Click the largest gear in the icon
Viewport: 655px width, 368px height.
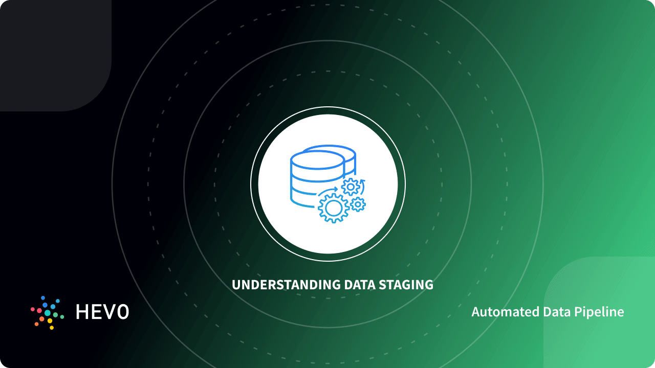tap(333, 208)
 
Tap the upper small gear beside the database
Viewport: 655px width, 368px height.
tap(351, 187)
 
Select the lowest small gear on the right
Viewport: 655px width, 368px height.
tap(358, 204)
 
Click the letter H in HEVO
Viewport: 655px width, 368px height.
tap(82, 312)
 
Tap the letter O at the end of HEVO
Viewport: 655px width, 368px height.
tap(123, 312)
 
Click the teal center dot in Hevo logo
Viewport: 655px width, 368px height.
tap(48, 312)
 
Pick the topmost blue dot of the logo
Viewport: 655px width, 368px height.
tap(43, 297)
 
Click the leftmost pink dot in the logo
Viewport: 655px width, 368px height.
tap(33, 310)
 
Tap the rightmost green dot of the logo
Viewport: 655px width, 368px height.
tap(62, 317)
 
